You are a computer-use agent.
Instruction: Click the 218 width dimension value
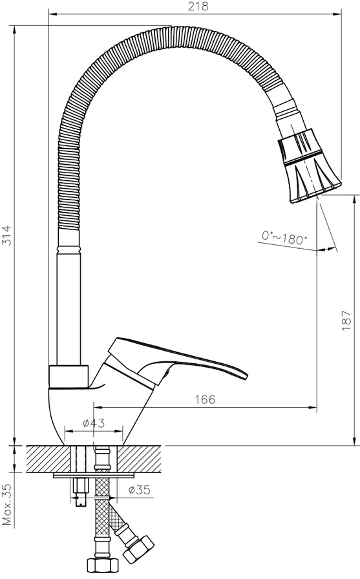click(x=198, y=6)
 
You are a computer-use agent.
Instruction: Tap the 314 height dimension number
click(x=7, y=236)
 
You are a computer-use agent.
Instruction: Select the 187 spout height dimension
click(x=346, y=320)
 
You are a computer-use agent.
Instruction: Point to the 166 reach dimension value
click(x=205, y=399)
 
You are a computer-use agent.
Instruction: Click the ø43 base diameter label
click(x=94, y=423)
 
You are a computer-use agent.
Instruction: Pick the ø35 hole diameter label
click(x=139, y=490)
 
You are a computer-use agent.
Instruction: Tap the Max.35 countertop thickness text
click(x=7, y=505)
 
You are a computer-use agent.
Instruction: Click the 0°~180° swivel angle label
click(x=284, y=238)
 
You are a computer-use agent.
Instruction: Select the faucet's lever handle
click(x=174, y=364)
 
